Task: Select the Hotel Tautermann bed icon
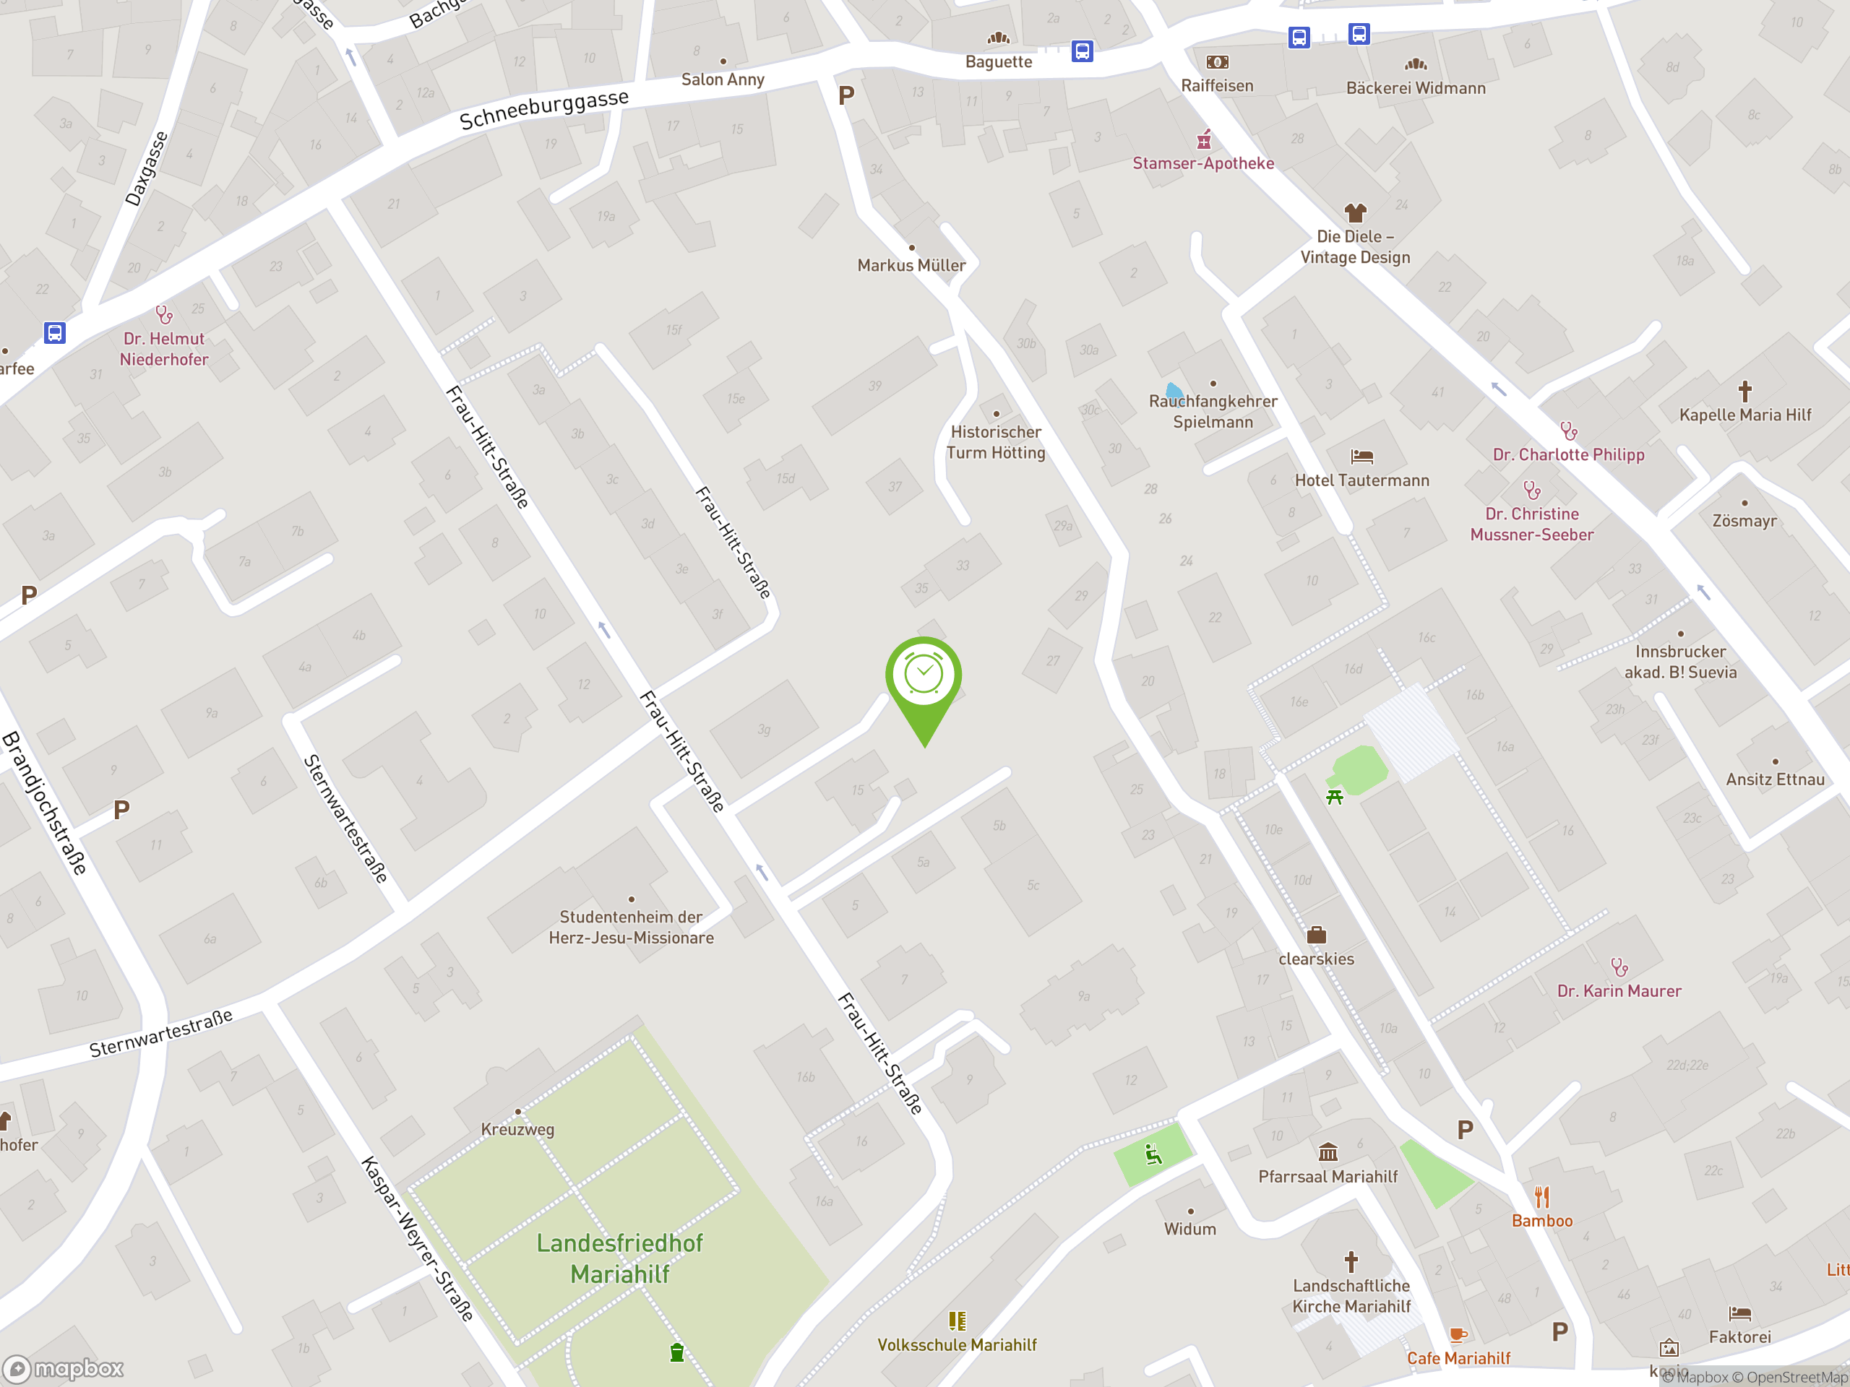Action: tap(1361, 457)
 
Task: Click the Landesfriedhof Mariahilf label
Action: tap(620, 1258)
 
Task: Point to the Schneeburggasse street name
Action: tap(543, 110)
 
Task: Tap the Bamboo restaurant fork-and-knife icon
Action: tap(1541, 1197)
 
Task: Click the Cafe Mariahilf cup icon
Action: tap(1458, 1334)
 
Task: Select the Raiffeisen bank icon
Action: tap(1217, 62)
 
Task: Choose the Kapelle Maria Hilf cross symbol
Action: tap(1744, 390)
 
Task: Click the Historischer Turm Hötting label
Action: tap(995, 442)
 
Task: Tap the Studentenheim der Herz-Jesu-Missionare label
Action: tap(632, 927)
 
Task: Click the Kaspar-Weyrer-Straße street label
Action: tap(418, 1237)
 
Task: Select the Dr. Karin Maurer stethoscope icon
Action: tap(1619, 967)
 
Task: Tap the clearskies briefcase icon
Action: tap(1317, 935)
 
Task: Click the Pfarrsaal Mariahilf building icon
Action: tap(1328, 1153)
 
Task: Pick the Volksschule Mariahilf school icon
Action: tap(957, 1321)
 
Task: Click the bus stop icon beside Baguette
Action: tap(1083, 52)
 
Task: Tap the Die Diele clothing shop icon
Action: tap(1355, 212)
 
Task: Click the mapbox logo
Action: tap(64, 1369)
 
